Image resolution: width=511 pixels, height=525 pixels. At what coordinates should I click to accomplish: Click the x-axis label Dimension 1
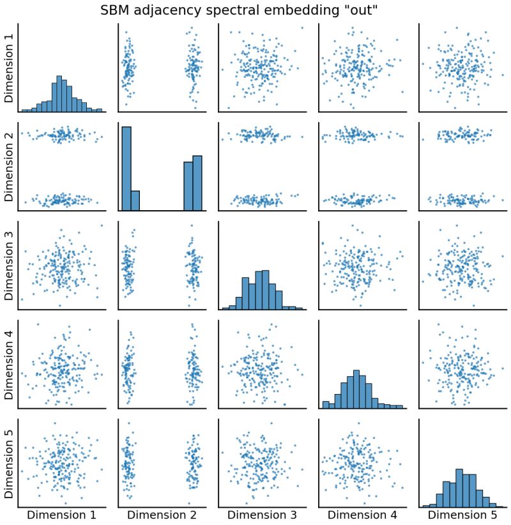pyautogui.click(x=61, y=515)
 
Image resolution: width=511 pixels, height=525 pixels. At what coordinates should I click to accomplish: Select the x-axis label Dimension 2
pyautogui.click(x=162, y=515)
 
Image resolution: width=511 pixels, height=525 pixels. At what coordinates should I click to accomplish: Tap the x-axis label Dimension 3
pyautogui.click(x=262, y=515)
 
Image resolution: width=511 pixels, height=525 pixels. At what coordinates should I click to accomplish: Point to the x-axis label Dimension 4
pyautogui.click(x=362, y=515)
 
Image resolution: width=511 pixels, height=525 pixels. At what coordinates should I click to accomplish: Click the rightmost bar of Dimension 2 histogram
pyautogui.click(x=197, y=183)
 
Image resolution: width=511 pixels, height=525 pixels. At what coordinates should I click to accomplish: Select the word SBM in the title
pyautogui.click(x=115, y=10)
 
